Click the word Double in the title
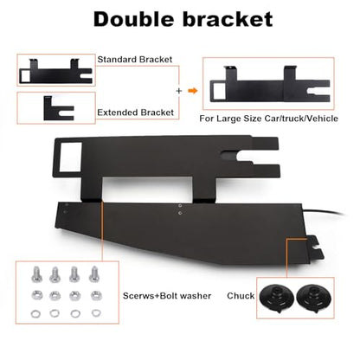(134, 19)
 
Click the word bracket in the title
(228, 19)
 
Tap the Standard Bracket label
(135, 60)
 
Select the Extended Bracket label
(135, 112)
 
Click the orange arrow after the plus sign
(193, 91)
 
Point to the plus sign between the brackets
(179, 91)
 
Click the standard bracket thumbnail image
(55, 71)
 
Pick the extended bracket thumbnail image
(59, 108)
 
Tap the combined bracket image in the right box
(270, 84)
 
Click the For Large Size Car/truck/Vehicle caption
(268, 119)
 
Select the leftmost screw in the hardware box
(36, 274)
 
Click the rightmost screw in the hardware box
(94, 274)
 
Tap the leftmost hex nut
(36, 295)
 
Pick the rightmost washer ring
(96, 313)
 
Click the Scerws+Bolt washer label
(167, 296)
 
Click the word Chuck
(241, 296)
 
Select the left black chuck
(276, 298)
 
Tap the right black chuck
(314, 298)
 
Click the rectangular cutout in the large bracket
(71, 156)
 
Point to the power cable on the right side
(323, 212)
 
